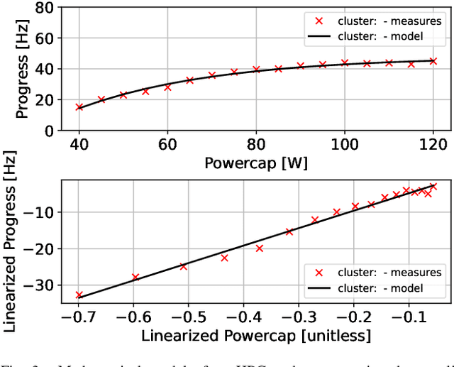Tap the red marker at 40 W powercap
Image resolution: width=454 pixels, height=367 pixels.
pyautogui.click(x=79, y=107)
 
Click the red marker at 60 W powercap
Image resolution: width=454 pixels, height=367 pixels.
pyautogui.click(x=168, y=87)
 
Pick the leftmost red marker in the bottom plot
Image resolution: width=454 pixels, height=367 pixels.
pyautogui.click(x=79, y=295)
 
